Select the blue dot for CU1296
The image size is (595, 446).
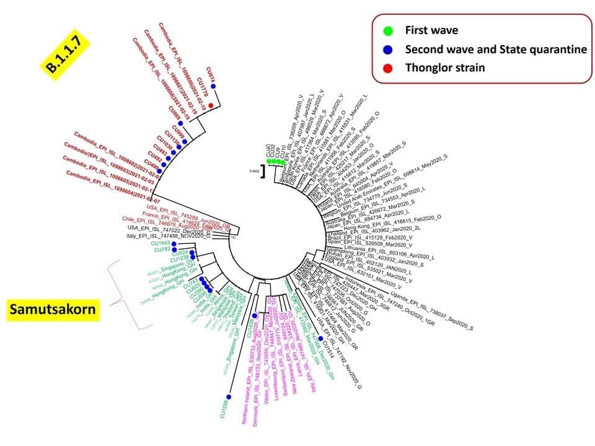(x=229, y=396)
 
